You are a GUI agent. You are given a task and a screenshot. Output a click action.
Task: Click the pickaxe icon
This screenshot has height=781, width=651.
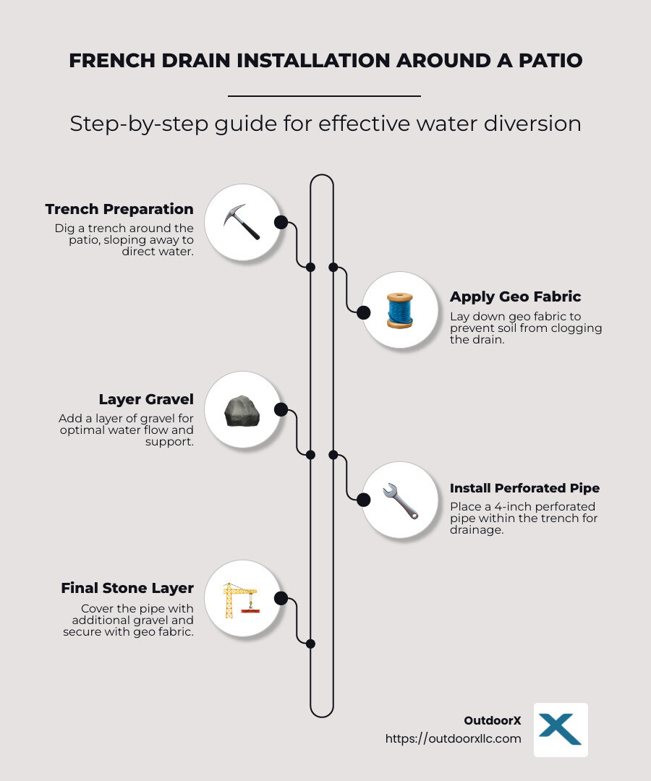242,222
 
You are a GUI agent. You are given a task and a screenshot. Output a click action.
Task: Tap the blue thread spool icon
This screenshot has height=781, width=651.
399,312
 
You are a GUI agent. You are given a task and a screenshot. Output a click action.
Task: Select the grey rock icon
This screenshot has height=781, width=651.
242,410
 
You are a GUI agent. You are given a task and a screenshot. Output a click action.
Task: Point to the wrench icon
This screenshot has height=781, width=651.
399,500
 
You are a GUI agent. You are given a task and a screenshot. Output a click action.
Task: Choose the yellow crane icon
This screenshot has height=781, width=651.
241,599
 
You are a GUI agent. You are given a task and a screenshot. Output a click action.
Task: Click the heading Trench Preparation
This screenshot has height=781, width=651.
119,209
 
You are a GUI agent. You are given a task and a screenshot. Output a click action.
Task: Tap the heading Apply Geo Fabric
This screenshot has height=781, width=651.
515,296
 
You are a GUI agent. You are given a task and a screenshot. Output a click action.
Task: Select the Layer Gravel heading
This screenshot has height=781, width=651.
146,399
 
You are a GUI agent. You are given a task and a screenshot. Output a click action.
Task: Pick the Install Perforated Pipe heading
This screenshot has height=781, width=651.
524,488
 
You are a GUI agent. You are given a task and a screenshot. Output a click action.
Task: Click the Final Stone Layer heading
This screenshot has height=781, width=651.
127,588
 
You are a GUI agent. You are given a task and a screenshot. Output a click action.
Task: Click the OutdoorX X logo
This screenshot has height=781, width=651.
561,730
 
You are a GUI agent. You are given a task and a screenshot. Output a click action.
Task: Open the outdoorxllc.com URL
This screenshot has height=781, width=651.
453,738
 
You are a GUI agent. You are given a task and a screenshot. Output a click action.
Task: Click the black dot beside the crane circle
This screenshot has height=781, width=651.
281,598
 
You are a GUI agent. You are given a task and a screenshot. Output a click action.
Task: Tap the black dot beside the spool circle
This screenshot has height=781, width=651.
364,312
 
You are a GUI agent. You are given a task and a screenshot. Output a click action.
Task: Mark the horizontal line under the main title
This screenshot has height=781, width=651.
324,95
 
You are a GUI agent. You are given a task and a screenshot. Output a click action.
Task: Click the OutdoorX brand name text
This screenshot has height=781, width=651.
492,721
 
